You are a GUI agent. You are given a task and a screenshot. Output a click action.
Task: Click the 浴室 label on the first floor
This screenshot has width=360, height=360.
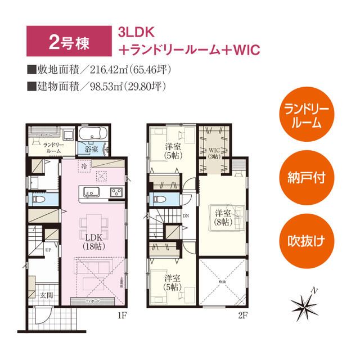point(91,150)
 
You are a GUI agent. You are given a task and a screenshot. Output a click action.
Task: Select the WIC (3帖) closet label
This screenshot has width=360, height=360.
point(214,153)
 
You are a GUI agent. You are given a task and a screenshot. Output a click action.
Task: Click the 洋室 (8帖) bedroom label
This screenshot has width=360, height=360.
point(222,218)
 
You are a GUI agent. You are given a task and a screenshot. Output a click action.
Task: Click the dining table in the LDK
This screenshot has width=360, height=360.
point(92,223)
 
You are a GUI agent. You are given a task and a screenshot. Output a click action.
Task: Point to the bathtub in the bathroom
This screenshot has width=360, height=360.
point(91,134)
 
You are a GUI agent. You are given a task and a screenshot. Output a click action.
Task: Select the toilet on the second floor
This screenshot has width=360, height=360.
point(159,199)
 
